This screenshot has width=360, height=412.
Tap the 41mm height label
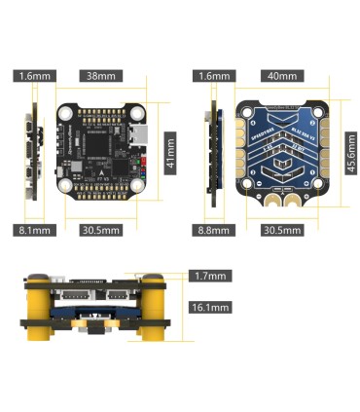click(x=169, y=152)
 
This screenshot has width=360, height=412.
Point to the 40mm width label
click(x=280, y=75)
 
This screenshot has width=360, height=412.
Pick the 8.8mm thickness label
click(x=212, y=231)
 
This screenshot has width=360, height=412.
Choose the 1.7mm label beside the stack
click(x=210, y=277)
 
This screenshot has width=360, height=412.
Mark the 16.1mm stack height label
click(x=210, y=308)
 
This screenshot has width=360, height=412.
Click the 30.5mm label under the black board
click(x=100, y=231)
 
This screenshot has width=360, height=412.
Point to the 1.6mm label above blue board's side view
click(x=212, y=75)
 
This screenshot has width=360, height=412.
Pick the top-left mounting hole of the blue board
click(x=246, y=110)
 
